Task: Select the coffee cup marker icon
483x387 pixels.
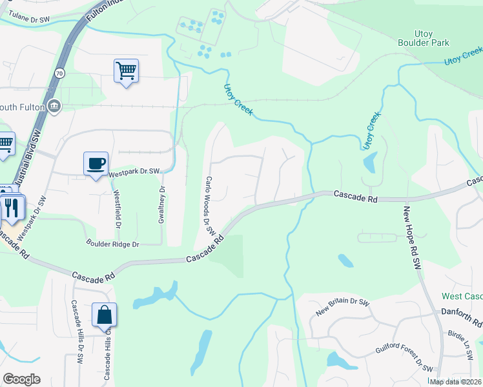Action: [x=96, y=164]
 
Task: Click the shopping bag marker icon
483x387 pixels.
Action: [x=104, y=315]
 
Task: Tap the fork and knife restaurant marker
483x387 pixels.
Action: [x=12, y=208]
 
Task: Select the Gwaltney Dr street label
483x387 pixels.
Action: [x=162, y=205]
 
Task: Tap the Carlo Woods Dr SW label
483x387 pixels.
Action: [x=209, y=205]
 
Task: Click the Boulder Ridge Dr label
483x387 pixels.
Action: [x=113, y=244]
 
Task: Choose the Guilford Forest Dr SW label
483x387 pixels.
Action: [x=404, y=358]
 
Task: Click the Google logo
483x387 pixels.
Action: [x=21, y=379]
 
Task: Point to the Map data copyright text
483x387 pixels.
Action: [x=456, y=382]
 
